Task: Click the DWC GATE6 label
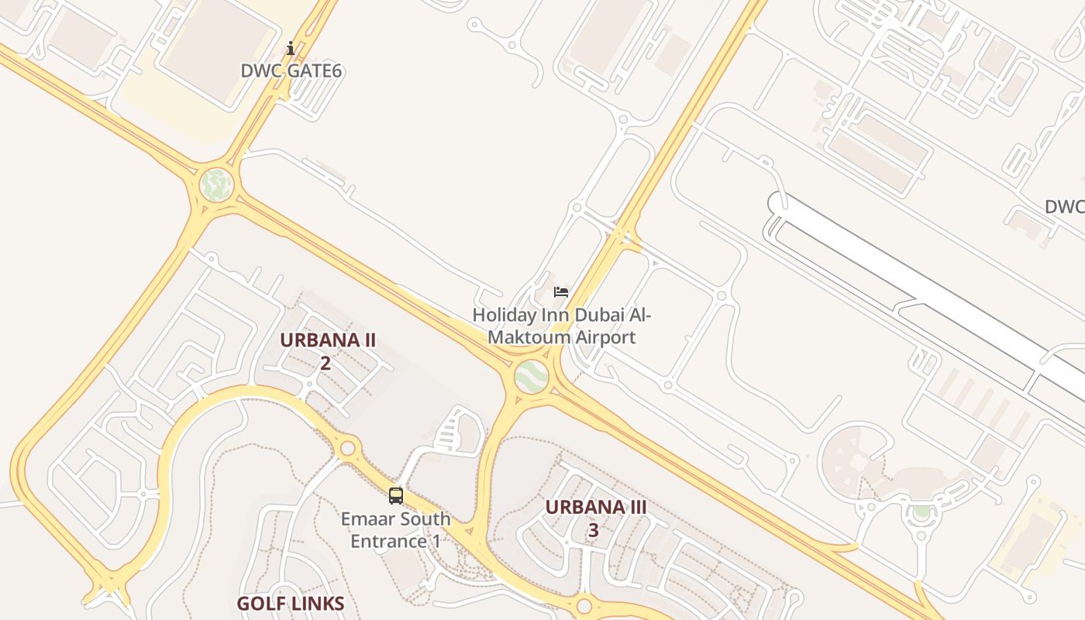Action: (291, 71)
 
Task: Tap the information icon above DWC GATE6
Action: (291, 49)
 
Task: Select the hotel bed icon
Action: (561, 292)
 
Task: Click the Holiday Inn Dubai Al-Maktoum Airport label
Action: (562, 326)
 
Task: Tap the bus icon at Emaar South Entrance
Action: (396, 496)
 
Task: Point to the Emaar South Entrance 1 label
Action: (395, 529)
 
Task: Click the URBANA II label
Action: (327, 340)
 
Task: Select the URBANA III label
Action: (595, 507)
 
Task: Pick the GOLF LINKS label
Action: (290, 604)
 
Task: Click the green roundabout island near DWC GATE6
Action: (216, 185)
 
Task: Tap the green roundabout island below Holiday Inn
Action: (532, 377)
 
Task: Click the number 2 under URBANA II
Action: (325, 363)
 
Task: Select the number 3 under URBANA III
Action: (594, 530)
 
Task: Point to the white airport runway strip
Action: (914, 287)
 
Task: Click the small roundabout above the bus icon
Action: (347, 448)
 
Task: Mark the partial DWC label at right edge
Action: (1064, 207)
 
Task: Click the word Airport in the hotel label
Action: (601, 337)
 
